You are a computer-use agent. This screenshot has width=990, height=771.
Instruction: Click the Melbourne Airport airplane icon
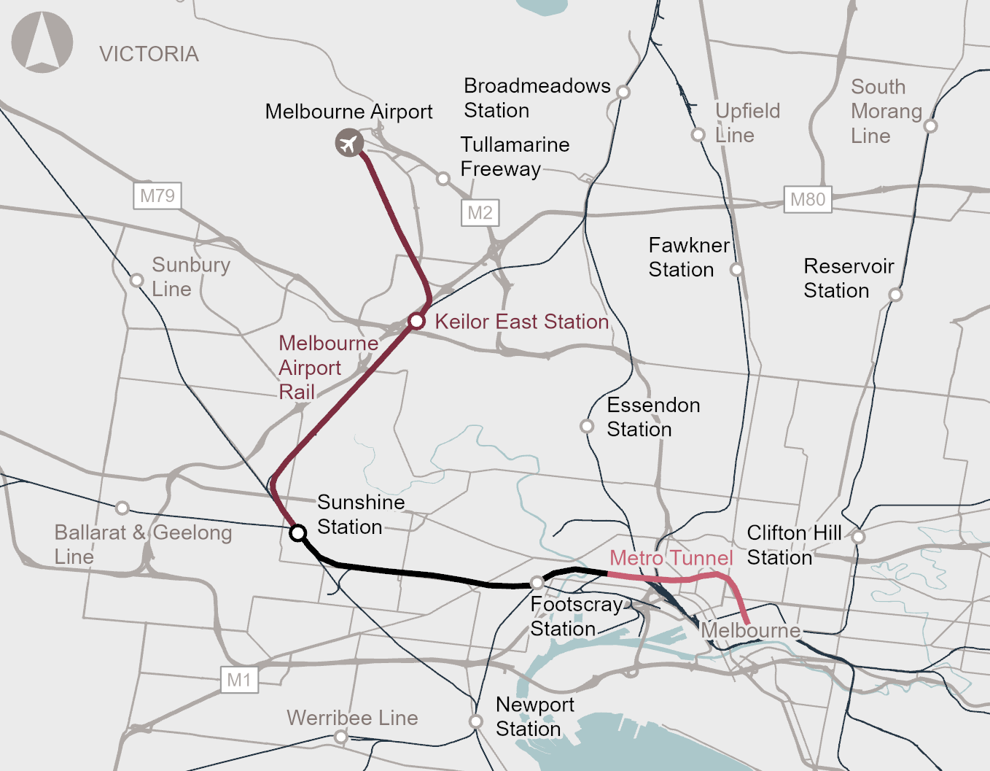coord(349,143)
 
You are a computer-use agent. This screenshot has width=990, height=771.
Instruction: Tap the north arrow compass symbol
coord(42,42)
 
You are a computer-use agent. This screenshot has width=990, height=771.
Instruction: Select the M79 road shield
coord(157,196)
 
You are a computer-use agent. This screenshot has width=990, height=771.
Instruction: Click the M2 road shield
coord(480,213)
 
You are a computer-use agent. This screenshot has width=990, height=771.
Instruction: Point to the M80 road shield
coord(808,200)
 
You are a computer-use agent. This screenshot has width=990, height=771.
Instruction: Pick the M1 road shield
coord(239,681)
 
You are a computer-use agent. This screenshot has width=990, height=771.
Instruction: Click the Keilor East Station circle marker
coord(416,321)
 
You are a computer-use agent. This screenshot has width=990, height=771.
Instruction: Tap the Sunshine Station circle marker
coord(297,533)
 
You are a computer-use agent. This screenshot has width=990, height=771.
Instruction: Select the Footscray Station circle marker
coord(537,583)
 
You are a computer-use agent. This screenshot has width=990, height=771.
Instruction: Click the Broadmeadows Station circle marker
coord(623,92)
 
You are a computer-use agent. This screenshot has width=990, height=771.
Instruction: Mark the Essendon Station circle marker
coord(587,426)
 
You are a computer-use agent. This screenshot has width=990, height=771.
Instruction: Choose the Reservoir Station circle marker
coord(896,295)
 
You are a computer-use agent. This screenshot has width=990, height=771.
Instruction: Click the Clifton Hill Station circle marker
coord(859,537)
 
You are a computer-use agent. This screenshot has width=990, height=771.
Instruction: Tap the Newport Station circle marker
coord(476,721)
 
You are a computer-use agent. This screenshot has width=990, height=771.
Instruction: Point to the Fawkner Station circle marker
coord(737,270)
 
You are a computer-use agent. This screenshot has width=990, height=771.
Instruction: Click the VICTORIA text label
coord(149,54)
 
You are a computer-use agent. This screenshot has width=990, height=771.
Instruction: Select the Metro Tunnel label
coord(671,558)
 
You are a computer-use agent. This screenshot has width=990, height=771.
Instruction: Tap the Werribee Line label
coord(352,718)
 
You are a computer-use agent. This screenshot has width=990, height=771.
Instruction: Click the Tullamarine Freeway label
coord(515,157)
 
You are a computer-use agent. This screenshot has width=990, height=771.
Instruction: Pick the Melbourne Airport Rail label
coord(328,368)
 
